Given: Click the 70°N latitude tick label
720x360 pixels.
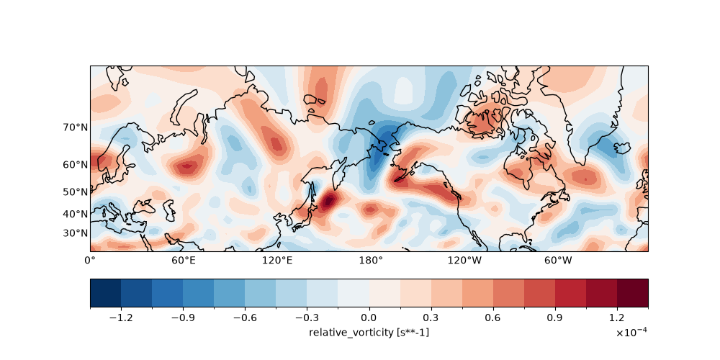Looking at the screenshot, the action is click(x=76, y=127).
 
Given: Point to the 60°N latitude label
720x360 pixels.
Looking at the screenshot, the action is click(x=76, y=164).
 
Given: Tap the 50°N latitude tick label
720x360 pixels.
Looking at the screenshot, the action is click(x=76, y=192).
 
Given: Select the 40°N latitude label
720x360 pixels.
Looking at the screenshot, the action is click(x=76, y=214).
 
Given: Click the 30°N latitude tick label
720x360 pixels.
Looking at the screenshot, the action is click(x=76, y=233).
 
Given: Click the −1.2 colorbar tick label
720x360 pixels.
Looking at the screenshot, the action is click(x=121, y=318).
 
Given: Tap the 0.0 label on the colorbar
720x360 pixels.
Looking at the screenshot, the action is click(x=369, y=318).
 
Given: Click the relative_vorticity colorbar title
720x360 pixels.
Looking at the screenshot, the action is click(x=369, y=332).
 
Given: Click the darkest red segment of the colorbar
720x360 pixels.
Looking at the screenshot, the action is click(x=633, y=292).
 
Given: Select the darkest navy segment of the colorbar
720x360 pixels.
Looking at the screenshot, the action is click(x=106, y=292).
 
